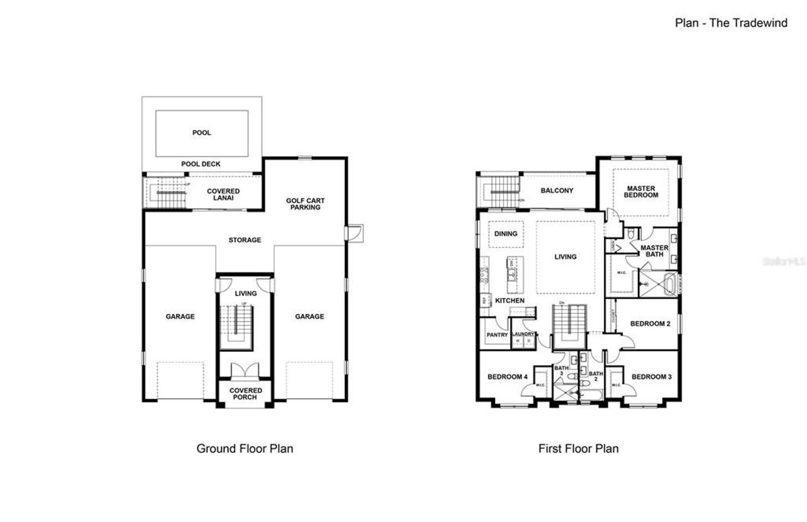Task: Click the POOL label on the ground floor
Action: pyautogui.click(x=201, y=133)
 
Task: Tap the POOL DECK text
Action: pyautogui.click(x=200, y=164)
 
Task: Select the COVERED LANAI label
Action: pyautogui.click(x=224, y=195)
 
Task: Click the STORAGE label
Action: pyautogui.click(x=245, y=240)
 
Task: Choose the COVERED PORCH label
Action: pyautogui.click(x=245, y=394)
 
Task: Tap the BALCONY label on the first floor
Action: pyautogui.click(x=557, y=190)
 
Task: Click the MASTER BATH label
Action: pyautogui.click(x=654, y=251)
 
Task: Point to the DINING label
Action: pyautogui.click(x=506, y=234)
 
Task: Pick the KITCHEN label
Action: pyautogui.click(x=509, y=301)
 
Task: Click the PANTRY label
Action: pyautogui.click(x=497, y=335)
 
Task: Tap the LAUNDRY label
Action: pyautogui.click(x=523, y=334)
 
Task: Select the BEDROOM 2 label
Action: pyautogui.click(x=650, y=324)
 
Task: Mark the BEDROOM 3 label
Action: pyautogui.click(x=651, y=377)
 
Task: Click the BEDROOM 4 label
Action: pyautogui.click(x=508, y=377)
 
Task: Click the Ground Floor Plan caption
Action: pyautogui.click(x=245, y=449)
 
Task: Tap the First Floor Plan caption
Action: pyautogui.click(x=578, y=449)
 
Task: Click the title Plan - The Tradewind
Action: pyautogui.click(x=731, y=23)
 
